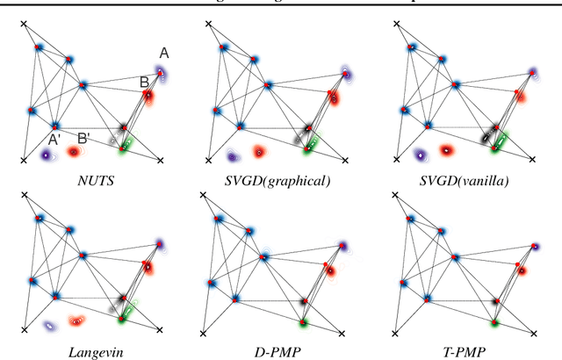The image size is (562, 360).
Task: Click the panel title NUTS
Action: point(92,180)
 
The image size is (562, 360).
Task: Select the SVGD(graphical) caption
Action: point(280,180)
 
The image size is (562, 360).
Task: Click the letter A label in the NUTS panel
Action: point(163,54)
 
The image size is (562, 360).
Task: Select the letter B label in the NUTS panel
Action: point(143,82)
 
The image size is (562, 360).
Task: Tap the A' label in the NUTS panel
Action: point(54,138)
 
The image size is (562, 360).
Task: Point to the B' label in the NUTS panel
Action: point(83,138)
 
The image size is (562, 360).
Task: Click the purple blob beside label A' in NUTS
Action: point(46,155)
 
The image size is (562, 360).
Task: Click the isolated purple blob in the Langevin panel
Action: point(50,325)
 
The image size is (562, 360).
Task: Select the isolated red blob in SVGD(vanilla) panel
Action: point(446,151)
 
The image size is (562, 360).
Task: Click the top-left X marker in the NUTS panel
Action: point(24,24)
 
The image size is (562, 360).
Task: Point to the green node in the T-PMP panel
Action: point(494,323)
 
